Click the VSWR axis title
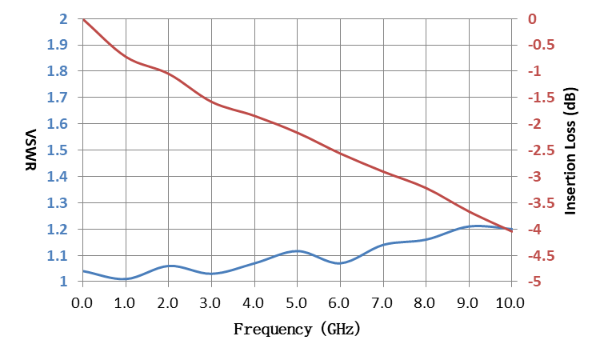[x=30, y=150]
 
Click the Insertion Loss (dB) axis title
[x=570, y=150]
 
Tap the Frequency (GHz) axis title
[x=298, y=329]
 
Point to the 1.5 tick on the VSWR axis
[x=57, y=150]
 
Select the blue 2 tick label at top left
[x=63, y=18]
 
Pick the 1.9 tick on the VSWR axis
[x=57, y=45]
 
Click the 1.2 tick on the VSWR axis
[x=57, y=230]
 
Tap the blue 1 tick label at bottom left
[x=63, y=282]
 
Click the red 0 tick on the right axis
[x=532, y=18]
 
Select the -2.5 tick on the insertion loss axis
[x=541, y=150]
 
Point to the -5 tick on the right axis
[x=534, y=282]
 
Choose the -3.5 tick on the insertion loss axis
[x=541, y=203]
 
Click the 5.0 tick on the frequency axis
[x=297, y=303]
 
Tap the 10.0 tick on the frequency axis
[x=510, y=303]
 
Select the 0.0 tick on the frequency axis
[x=82, y=303]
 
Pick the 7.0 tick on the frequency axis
[x=382, y=303]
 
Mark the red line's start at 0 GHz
[x=83, y=19]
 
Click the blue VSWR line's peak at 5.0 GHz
[x=298, y=251]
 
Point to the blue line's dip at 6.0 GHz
[x=340, y=263]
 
